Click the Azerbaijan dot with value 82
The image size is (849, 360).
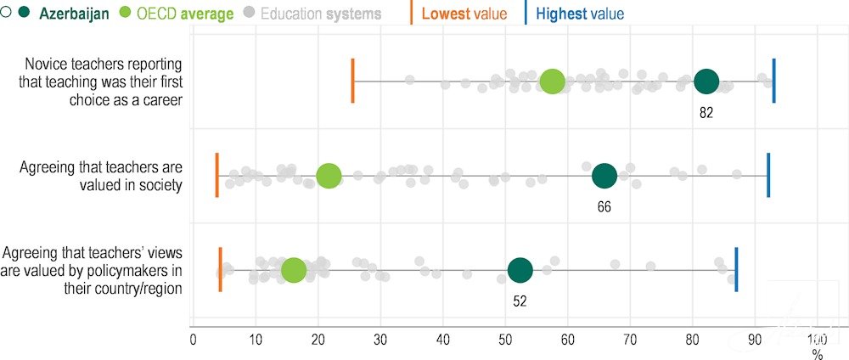point(706,82)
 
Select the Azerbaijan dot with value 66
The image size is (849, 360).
point(604,176)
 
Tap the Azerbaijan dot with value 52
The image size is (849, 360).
point(520,270)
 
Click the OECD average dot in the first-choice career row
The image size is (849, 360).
point(552,82)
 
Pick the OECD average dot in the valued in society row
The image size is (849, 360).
point(329,176)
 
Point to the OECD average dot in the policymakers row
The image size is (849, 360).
point(293,270)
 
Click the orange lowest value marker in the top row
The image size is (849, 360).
point(352,82)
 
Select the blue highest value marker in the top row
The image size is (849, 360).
point(773,82)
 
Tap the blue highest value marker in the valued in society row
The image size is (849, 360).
point(768,176)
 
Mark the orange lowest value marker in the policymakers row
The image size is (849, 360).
point(220,270)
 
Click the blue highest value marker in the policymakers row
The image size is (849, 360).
point(736,270)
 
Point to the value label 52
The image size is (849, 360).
point(520,300)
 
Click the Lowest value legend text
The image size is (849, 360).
point(464,14)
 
